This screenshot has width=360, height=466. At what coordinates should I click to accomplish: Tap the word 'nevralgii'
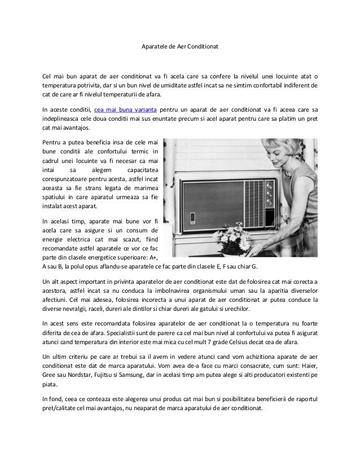(x=74, y=309)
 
